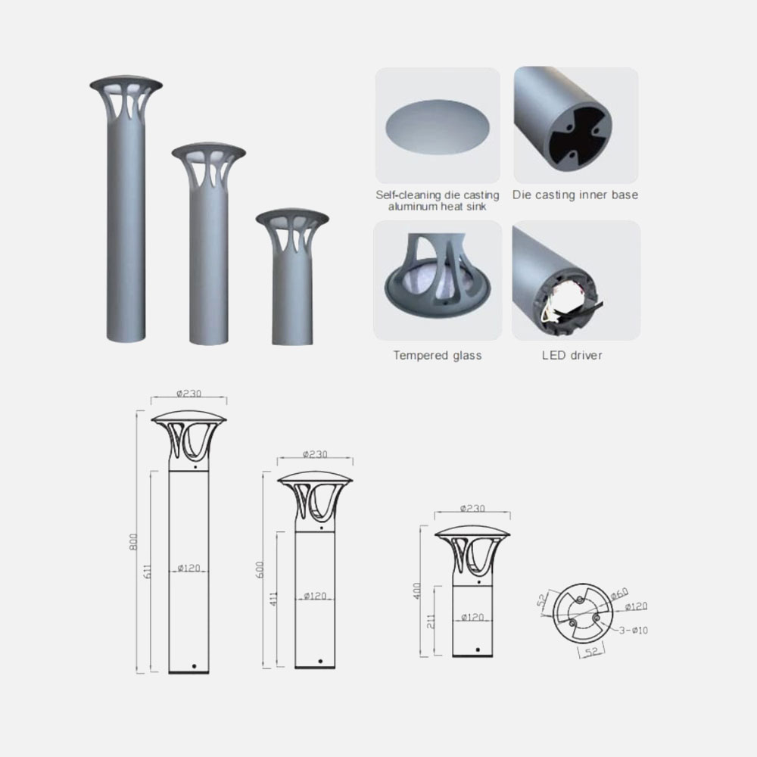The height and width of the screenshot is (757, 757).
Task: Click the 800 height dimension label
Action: point(134,542)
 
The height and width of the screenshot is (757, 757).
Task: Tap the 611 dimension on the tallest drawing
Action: point(148,571)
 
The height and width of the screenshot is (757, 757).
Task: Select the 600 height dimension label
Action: point(260,570)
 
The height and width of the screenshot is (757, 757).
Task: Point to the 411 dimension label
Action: point(274,599)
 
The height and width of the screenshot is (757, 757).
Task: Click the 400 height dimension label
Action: point(417,591)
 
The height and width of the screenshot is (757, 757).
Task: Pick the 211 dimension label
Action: point(431,621)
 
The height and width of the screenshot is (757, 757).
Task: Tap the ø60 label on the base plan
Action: point(619,593)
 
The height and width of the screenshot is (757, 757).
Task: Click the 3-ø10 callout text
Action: point(634,630)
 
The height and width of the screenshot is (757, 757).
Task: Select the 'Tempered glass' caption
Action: point(438,356)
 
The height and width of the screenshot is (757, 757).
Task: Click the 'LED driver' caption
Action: point(572,355)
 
